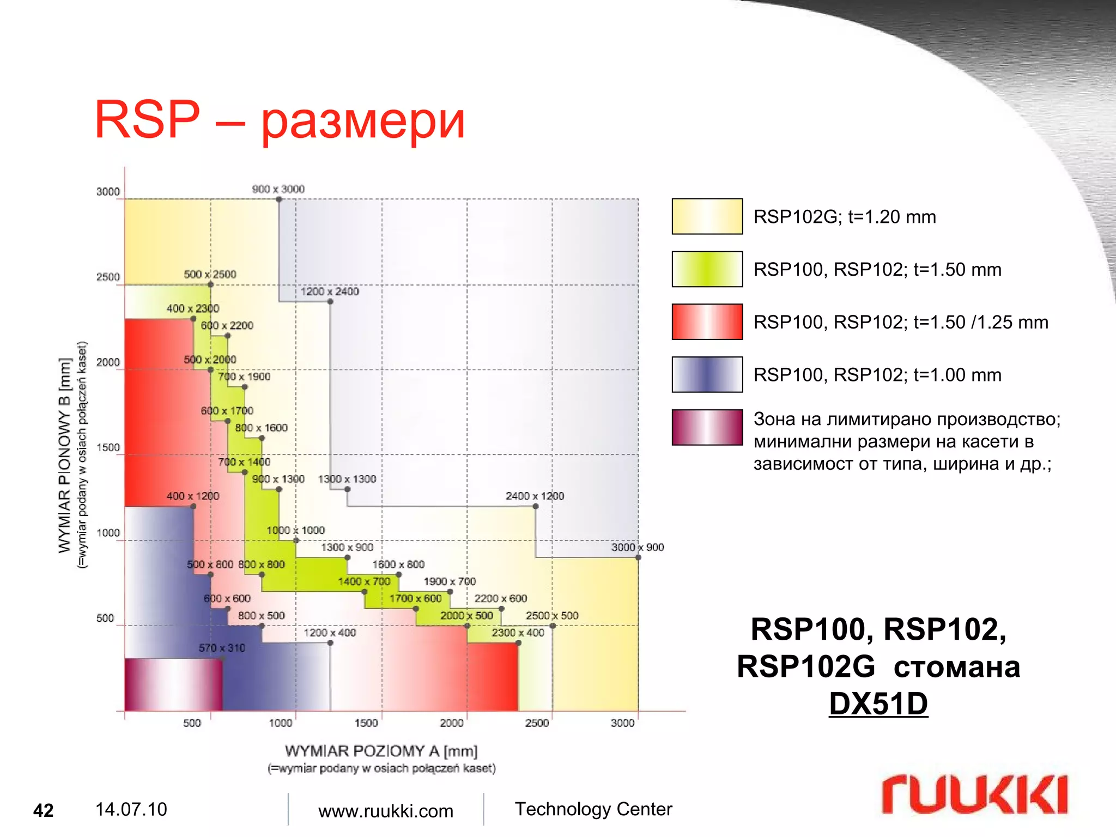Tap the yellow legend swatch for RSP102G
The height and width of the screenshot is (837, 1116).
click(x=707, y=216)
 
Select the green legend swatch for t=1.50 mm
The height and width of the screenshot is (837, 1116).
click(x=707, y=269)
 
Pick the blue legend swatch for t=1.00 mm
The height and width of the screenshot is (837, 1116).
click(x=707, y=374)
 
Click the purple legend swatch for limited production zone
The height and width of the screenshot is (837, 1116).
click(x=707, y=427)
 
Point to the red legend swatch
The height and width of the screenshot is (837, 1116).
click(x=707, y=322)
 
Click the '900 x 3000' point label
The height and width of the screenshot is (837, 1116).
click(x=278, y=189)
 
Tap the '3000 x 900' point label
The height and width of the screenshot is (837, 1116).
click(x=637, y=547)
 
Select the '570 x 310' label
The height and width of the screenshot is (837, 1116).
click(x=222, y=648)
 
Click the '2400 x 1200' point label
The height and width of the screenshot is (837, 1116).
click(x=535, y=496)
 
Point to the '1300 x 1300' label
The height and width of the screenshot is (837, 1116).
click(x=347, y=479)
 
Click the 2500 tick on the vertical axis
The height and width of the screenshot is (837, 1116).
click(x=108, y=277)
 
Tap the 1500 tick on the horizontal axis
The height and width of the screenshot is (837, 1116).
click(x=366, y=723)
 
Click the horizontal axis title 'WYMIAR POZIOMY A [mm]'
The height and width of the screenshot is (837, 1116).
click(x=381, y=751)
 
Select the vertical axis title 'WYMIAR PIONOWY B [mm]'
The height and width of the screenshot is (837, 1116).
click(x=65, y=456)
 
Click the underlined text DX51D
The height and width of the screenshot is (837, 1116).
click(x=878, y=703)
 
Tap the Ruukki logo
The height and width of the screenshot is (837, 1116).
click(x=974, y=795)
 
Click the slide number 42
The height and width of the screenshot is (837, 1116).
click(x=44, y=811)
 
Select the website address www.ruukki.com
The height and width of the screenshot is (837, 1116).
click(x=385, y=811)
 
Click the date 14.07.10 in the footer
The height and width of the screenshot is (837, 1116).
click(x=131, y=810)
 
